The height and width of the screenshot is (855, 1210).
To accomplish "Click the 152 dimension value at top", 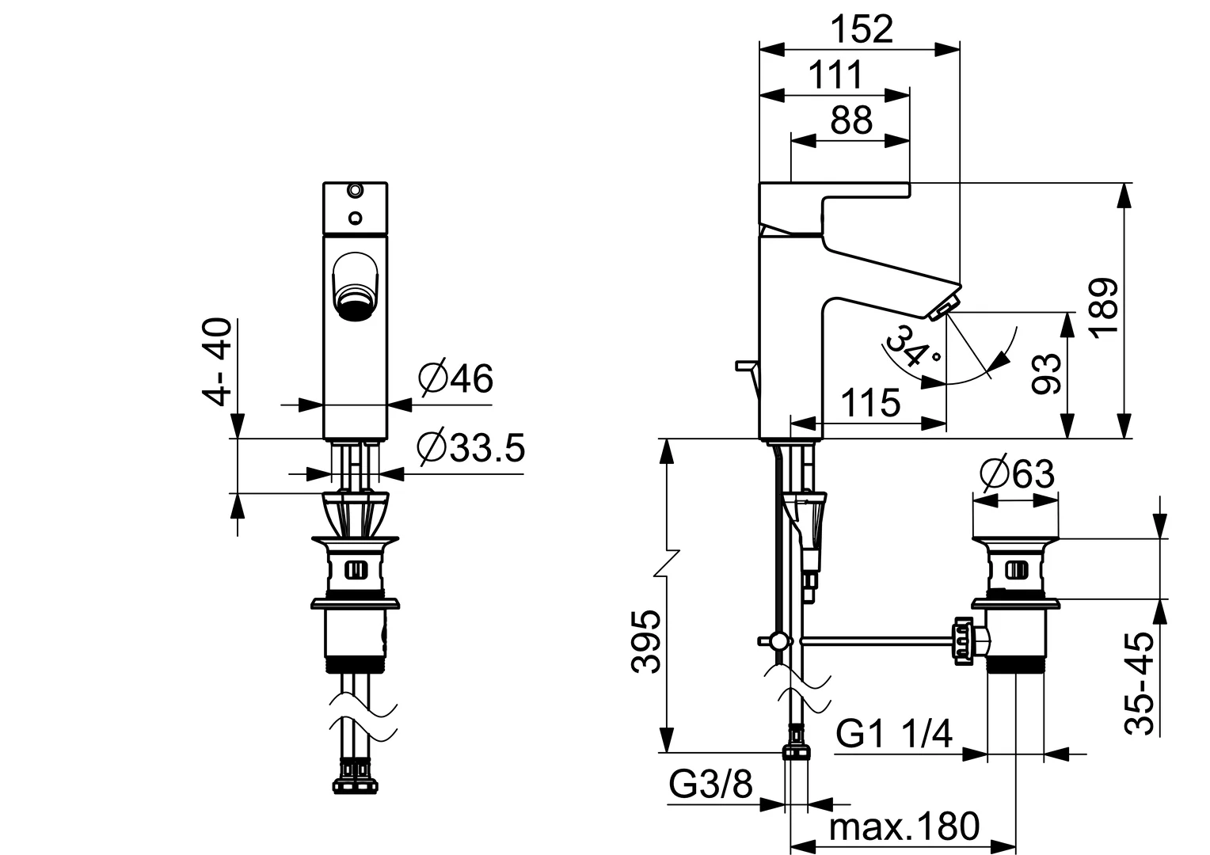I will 862,30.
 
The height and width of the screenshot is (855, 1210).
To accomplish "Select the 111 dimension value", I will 835,76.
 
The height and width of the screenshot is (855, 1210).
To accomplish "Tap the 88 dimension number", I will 851,121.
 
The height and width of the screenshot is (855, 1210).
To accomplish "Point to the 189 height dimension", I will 1104,307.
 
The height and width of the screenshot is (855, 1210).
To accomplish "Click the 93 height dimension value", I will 1046,374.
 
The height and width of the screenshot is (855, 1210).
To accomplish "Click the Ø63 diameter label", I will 1017,474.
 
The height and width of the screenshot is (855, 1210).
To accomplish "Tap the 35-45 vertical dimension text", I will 1141,683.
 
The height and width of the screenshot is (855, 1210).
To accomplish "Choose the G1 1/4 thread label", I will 894,735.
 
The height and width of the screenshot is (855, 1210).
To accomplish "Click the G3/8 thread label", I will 710,785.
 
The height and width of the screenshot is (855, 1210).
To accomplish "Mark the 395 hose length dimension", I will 649,640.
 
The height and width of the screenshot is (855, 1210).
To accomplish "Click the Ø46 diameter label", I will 455,379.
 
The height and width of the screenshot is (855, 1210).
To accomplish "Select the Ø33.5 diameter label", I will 471,449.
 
